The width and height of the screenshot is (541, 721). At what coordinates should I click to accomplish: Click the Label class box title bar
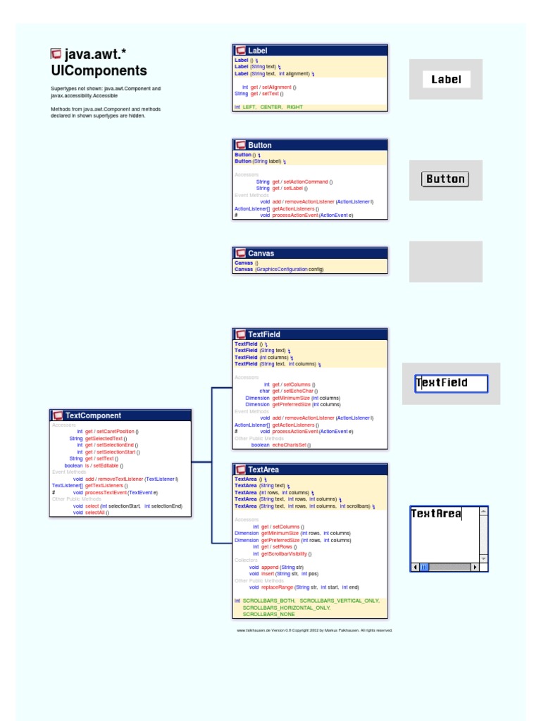pyautogui.click(x=310, y=51)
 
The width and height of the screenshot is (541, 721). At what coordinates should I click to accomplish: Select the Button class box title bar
pyautogui.click(x=310, y=145)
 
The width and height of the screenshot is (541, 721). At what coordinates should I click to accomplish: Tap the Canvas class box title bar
pyautogui.click(x=310, y=253)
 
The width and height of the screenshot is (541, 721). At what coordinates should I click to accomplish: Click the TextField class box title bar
pyautogui.click(x=310, y=334)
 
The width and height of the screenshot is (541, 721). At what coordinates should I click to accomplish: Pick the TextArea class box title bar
pyautogui.click(x=310, y=470)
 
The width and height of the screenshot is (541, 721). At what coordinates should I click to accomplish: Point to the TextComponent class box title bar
pyautogui.click(x=120, y=415)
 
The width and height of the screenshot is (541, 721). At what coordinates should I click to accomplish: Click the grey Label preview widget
pyautogui.click(x=446, y=80)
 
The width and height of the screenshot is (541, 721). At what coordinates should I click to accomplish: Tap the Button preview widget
pyautogui.click(x=445, y=179)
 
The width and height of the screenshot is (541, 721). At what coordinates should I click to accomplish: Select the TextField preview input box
pyautogui.click(x=451, y=383)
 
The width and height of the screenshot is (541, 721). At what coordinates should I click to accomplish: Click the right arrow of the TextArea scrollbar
pyautogui.click(x=475, y=567)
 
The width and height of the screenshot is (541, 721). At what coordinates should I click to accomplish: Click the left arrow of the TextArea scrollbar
pyautogui.click(x=416, y=567)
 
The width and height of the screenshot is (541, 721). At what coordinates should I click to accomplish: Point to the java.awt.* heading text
pyautogui.click(x=96, y=55)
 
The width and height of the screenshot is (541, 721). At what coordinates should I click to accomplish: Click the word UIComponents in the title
pyautogui.click(x=99, y=71)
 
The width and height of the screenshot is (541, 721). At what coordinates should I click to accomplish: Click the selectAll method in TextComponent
pyautogui.click(x=97, y=513)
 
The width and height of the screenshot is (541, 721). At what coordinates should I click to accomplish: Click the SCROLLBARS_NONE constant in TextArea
pyautogui.click(x=269, y=614)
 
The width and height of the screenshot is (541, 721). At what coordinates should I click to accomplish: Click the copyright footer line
pyautogui.click(x=314, y=630)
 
